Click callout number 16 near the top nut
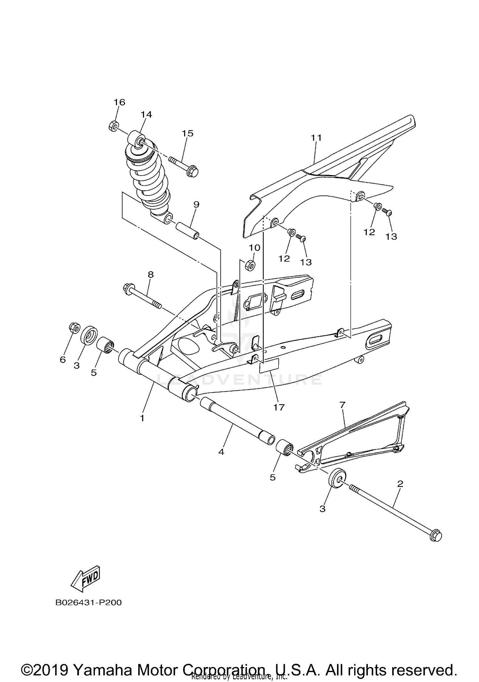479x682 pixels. tap(119, 102)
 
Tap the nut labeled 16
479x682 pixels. tap(113, 126)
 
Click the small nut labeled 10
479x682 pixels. tap(250, 265)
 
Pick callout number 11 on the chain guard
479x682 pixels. tap(316, 138)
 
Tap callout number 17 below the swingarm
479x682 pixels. tap(278, 407)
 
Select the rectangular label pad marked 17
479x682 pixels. tap(269, 365)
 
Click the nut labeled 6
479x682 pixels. tap(74, 327)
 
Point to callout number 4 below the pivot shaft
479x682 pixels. tap(221, 452)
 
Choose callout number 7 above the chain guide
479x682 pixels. tap(342, 405)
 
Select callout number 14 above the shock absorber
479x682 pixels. tap(147, 114)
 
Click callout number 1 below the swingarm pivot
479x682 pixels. tap(142, 418)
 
